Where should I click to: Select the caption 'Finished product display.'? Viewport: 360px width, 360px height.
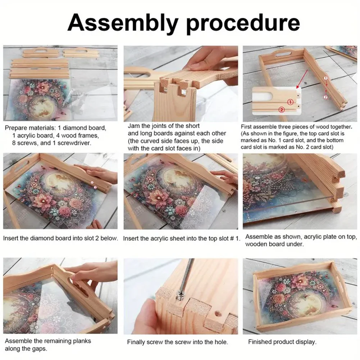coord(282,342)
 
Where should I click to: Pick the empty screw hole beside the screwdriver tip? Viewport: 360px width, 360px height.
coord(217,313)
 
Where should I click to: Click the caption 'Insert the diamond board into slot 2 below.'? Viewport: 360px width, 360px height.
coord(60,238)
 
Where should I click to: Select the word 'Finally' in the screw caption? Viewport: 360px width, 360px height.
coord(137,342)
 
